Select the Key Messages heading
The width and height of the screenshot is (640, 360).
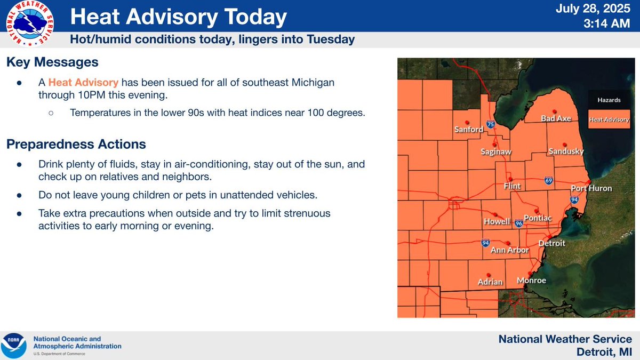[x=52, y=62]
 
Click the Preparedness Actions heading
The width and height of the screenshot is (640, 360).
[x=76, y=144]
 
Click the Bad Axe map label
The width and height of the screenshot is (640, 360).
[x=556, y=118]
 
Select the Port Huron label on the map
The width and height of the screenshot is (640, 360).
[x=591, y=188]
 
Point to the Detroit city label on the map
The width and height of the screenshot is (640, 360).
[x=551, y=243]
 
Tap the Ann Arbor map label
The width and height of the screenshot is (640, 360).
[x=509, y=250]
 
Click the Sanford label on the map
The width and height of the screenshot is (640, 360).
[x=468, y=129]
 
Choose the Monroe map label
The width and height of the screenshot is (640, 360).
[x=532, y=281]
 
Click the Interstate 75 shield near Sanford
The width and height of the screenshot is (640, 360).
[x=490, y=125]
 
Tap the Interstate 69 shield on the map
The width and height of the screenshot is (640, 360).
[x=548, y=181]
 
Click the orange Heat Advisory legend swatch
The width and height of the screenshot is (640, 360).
[x=609, y=120]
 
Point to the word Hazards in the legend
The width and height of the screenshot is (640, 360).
[x=609, y=100]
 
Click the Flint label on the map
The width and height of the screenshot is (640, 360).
[x=512, y=186]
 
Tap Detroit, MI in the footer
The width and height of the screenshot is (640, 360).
[x=604, y=352]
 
